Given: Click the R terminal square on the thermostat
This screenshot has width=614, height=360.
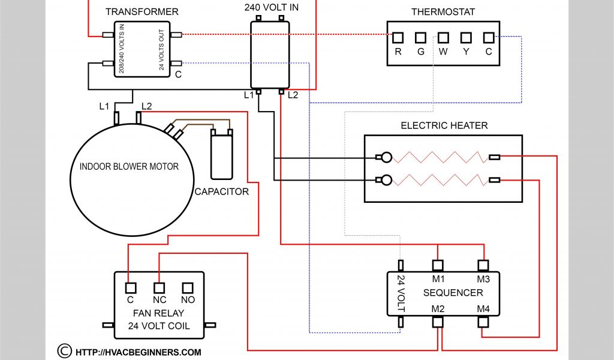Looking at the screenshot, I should coord(398,38).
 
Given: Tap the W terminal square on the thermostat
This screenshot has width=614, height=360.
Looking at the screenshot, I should coord(443,38).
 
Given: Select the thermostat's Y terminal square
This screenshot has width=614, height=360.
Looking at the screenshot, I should coord(466,38).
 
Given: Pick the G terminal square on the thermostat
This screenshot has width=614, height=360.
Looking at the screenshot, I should coord(421,38).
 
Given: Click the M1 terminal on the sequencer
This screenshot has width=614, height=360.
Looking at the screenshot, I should coord(438,265).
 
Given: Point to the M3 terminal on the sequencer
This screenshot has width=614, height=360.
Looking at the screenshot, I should coord(483,265).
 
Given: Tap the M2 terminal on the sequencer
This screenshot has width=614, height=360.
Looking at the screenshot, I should coord(438,322).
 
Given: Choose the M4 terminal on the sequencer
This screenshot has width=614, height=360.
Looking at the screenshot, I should coord(483,322).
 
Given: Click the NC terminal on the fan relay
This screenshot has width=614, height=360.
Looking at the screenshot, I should coord(159,287).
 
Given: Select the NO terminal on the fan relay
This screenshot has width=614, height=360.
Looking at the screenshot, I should coord(188,287).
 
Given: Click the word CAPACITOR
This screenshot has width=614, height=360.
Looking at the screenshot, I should coord(221,192).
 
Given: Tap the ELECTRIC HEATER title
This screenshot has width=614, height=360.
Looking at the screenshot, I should coord(444,125).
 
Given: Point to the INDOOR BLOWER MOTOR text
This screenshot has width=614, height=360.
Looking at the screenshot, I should coord(129,166).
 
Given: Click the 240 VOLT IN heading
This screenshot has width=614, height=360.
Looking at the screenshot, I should coord(271,8).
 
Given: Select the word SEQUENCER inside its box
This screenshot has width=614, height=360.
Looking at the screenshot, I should coord(453,293).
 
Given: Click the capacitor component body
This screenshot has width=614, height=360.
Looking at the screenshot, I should coord(221,156).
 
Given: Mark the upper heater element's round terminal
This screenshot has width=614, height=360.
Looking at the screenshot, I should coord(387,158).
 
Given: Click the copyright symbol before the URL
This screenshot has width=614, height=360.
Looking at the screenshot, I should coord(64,350).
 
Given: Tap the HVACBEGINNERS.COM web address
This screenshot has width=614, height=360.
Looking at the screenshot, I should coord(139,352).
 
